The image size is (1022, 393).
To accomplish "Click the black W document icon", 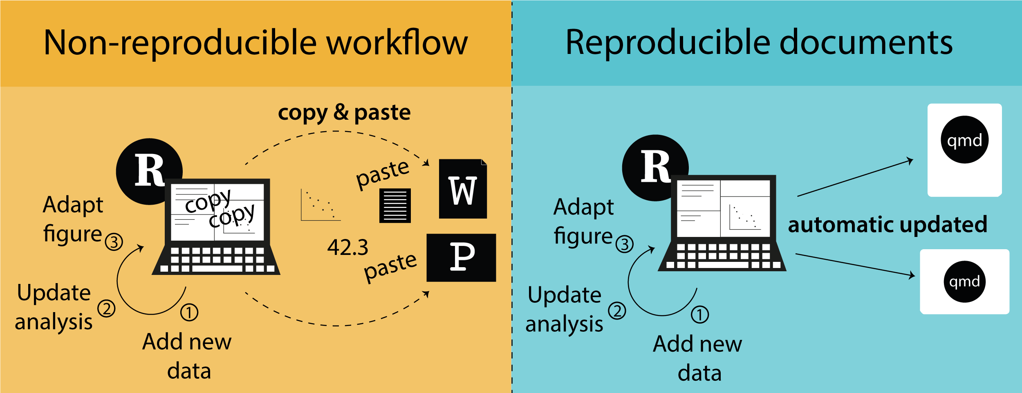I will pyautogui.click(x=462, y=189).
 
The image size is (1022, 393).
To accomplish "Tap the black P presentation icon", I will pyautogui.click(x=461, y=257).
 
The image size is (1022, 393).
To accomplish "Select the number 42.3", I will pyautogui.click(x=347, y=248).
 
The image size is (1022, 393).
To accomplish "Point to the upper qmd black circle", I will pyautogui.click(x=964, y=140).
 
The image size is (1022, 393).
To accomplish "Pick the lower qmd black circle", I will pyautogui.click(x=964, y=281).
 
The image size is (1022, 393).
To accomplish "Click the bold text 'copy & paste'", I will pyautogui.click(x=344, y=112).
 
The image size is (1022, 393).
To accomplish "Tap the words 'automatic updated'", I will pyautogui.click(x=888, y=224).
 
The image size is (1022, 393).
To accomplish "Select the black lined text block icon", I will pyautogui.click(x=395, y=205).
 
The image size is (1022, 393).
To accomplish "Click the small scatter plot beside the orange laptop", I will pyautogui.click(x=320, y=205).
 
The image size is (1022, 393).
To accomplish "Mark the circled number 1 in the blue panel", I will pyautogui.click(x=699, y=315).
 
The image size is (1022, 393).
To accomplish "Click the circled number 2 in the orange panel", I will pyautogui.click(x=106, y=308).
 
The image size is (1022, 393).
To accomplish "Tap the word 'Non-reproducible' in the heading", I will pyautogui.click(x=180, y=43).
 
